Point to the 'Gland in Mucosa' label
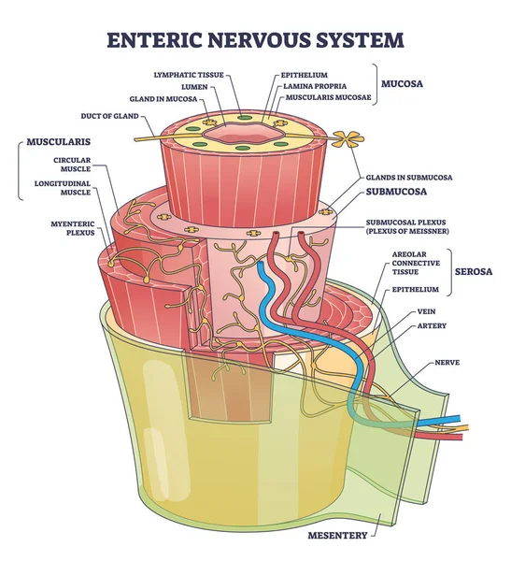point(179,97)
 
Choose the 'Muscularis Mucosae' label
point(318,97)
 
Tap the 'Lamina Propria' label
point(312,85)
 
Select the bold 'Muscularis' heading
point(50,146)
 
